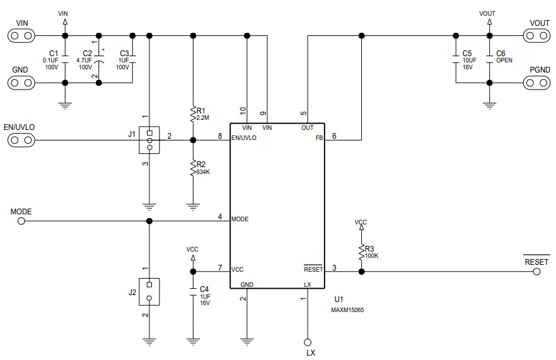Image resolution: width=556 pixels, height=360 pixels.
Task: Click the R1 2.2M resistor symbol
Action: [193, 114]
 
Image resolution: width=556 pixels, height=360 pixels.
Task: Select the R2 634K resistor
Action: [193, 167]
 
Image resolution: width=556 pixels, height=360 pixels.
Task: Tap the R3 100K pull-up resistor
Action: [361, 252]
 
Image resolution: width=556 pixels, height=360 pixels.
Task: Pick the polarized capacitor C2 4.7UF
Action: [98, 59]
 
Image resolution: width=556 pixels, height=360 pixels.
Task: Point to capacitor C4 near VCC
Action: [193, 292]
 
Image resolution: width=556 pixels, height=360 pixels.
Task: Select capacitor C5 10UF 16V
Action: [455, 59]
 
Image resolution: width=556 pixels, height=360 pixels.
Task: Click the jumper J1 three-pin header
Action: [149, 140]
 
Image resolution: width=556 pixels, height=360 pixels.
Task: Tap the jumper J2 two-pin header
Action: [149, 290]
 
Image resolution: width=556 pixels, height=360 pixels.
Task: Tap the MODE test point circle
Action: [21, 221]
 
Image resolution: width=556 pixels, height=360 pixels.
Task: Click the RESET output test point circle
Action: [536, 272]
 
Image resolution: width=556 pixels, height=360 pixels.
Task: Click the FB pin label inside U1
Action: [319, 137]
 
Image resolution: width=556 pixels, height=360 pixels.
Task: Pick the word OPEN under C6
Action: [504, 61]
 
